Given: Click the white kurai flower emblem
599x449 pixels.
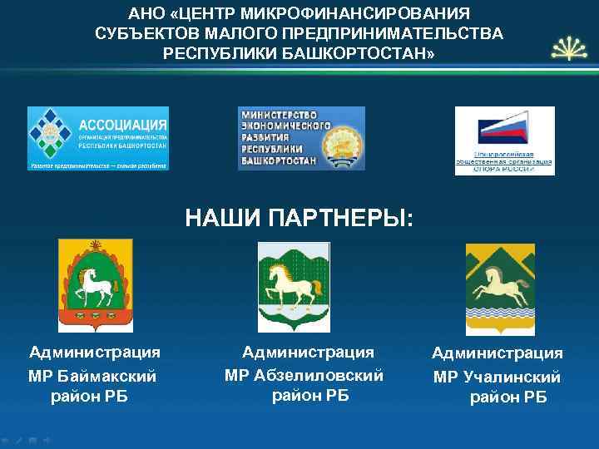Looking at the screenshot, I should (x=567, y=49).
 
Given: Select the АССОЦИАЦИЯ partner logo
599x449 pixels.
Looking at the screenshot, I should (x=98, y=138).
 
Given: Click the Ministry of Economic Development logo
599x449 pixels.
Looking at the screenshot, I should (x=301, y=138).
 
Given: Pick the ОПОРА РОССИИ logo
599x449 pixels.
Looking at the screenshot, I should (x=504, y=141).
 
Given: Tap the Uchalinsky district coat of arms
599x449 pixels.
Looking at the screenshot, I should (x=499, y=288).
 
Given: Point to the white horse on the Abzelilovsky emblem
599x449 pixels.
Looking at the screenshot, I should (x=291, y=286).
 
